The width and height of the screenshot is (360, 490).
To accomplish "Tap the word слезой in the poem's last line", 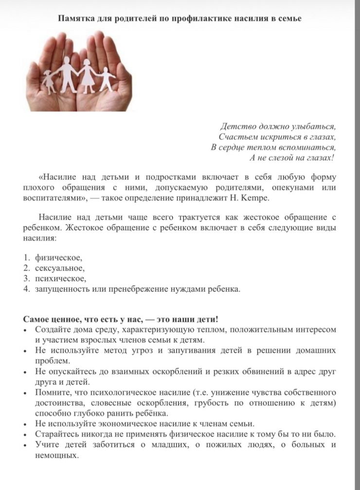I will tap(282, 158).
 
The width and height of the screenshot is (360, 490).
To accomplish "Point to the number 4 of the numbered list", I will tap(27, 289).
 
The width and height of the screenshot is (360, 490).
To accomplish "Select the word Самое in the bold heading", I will tap(36, 319).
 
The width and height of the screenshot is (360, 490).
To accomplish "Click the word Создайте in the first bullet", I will tap(51, 330).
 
